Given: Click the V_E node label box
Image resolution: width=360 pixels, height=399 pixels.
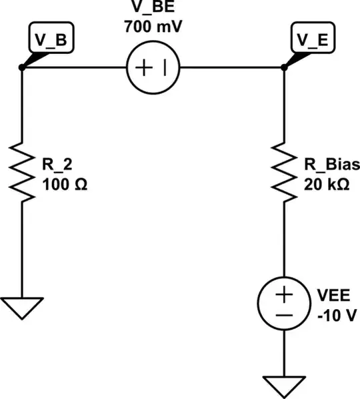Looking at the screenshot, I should (x=313, y=41).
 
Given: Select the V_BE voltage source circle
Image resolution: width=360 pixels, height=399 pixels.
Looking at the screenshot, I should (x=153, y=68).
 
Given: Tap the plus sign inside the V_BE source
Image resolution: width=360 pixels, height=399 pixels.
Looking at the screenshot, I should (x=145, y=68).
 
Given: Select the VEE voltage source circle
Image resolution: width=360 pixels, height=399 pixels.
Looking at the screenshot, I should (x=284, y=304).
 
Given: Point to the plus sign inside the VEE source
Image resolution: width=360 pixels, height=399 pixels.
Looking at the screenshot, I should (x=284, y=294).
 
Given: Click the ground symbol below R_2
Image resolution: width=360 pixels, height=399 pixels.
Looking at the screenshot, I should (x=22, y=308).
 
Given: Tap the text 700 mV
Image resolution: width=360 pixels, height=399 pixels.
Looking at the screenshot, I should (x=154, y=28).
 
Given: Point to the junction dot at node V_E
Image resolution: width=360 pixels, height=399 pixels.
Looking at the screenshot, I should (x=284, y=68).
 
